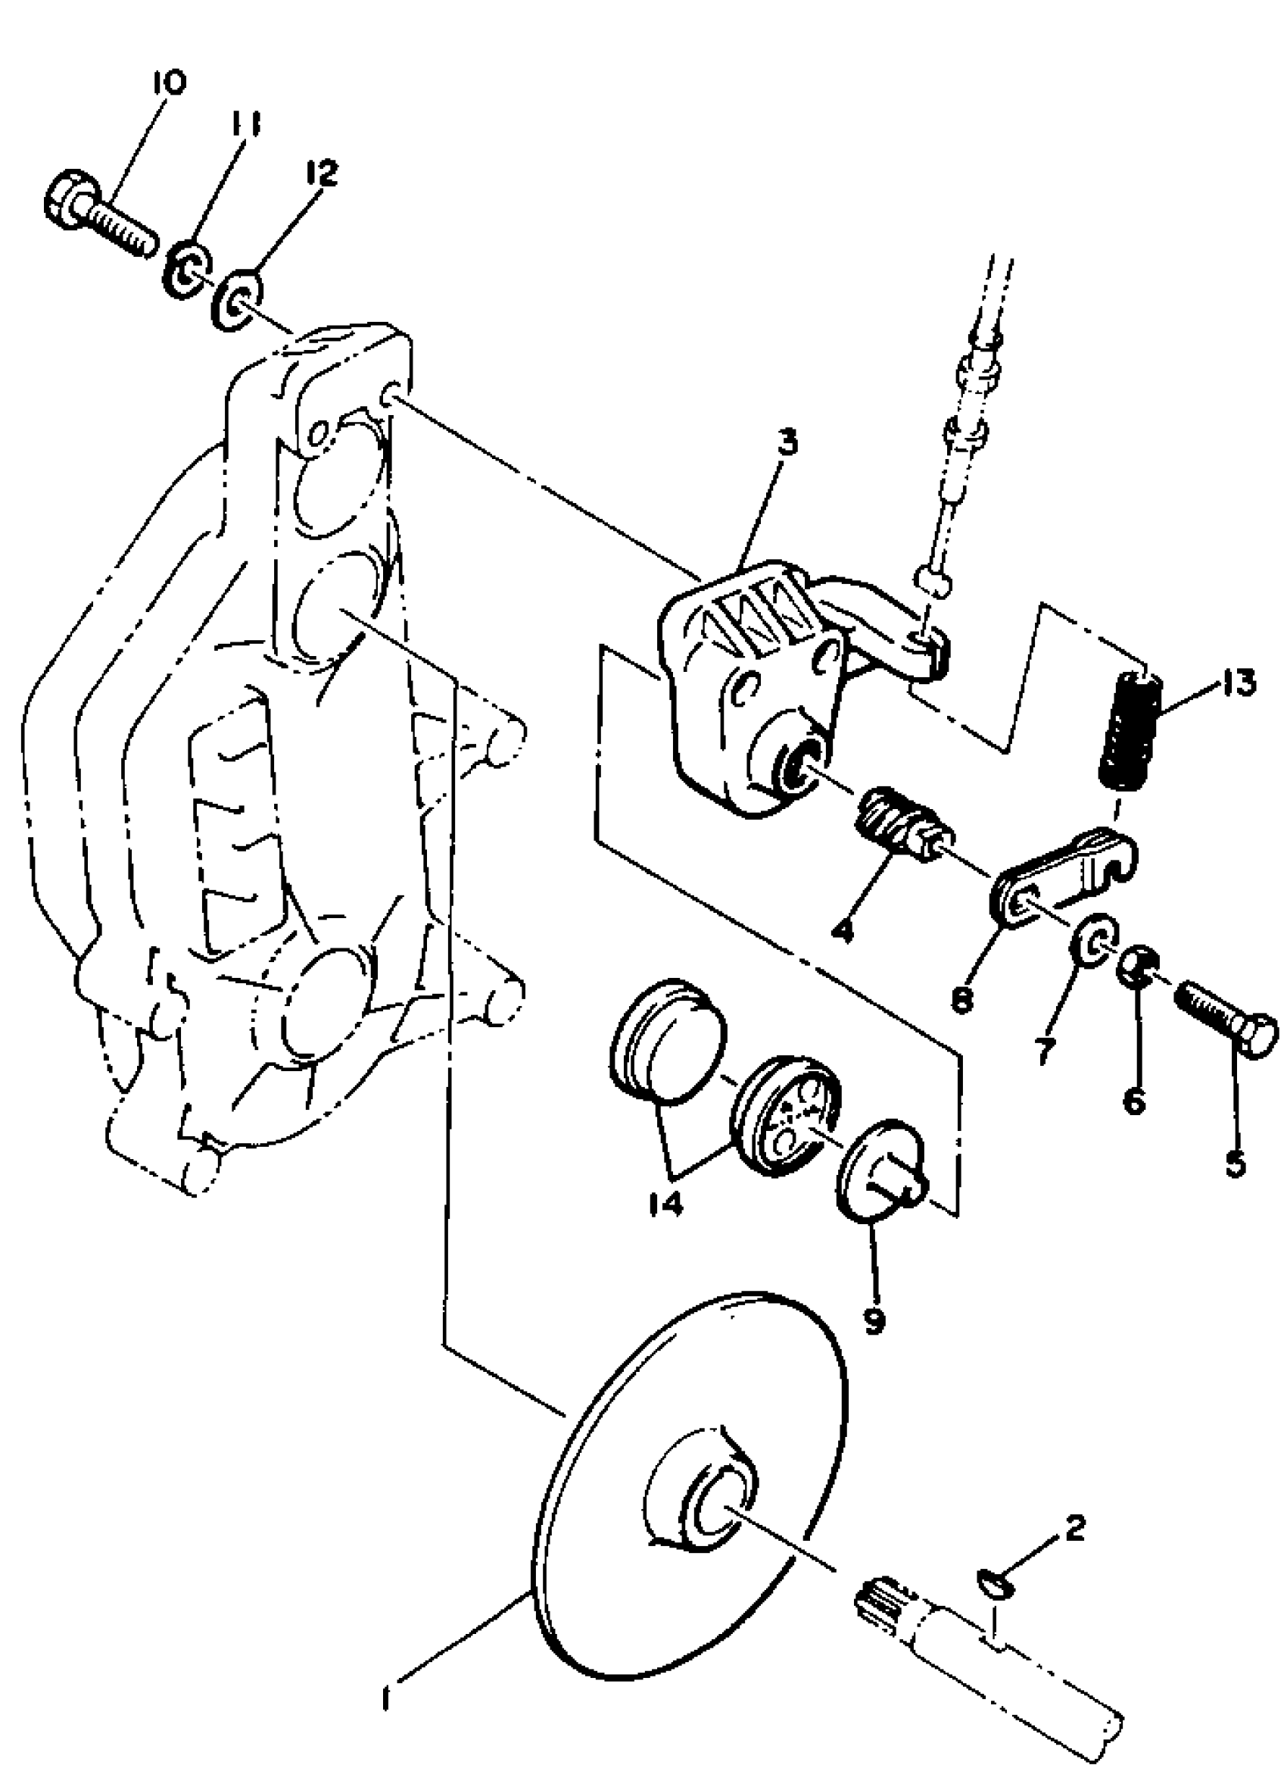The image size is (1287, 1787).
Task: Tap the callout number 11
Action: coord(245,125)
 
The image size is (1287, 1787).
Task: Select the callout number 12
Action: coord(321,173)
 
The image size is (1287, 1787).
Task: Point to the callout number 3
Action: coord(785,443)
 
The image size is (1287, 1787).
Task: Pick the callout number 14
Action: coord(665,1203)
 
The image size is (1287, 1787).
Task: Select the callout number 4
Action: coord(841,932)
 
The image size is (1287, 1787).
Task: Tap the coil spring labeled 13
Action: coord(1129,724)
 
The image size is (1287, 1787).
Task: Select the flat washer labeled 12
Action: coord(237,300)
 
